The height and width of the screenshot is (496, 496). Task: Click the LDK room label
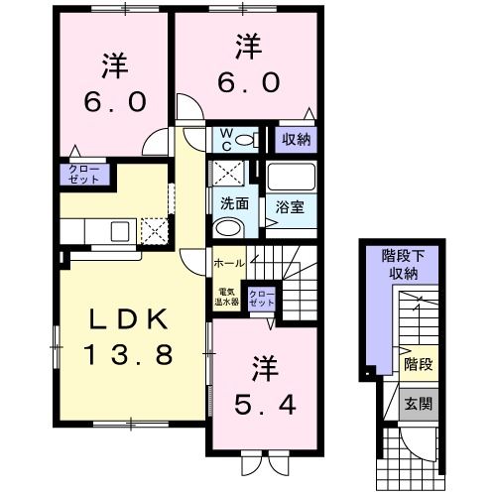(x=124, y=322)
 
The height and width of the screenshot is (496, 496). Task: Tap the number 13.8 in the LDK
(x=124, y=353)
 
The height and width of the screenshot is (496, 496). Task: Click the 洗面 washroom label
(x=234, y=204)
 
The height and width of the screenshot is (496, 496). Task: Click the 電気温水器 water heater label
(x=228, y=297)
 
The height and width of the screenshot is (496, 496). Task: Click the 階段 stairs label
(x=417, y=366)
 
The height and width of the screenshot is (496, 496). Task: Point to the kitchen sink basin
(x=120, y=232)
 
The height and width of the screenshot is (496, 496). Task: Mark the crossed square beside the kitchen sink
(x=155, y=231)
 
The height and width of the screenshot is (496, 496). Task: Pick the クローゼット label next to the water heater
(x=263, y=298)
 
